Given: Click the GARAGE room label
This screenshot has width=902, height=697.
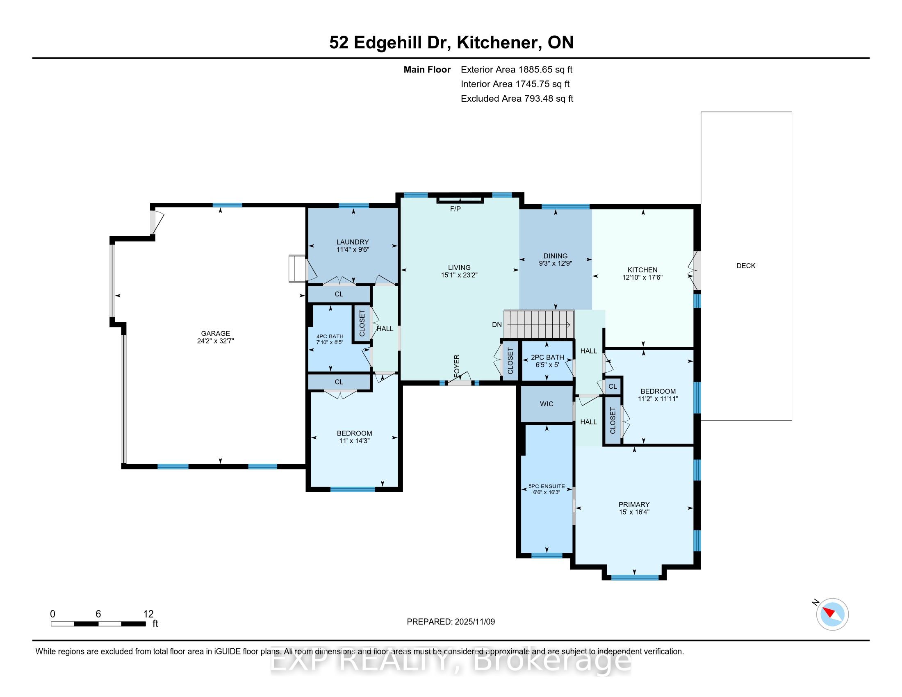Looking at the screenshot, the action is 215,333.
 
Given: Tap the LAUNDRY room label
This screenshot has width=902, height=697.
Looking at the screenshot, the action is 352,242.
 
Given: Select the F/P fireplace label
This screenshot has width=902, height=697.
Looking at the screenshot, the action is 455,209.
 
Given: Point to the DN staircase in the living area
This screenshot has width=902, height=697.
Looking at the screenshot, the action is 539,325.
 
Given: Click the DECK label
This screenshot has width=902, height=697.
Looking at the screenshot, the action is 746,266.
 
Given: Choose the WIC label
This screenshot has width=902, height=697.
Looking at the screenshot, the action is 547,404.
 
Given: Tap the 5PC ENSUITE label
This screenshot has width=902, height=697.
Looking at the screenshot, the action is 547,486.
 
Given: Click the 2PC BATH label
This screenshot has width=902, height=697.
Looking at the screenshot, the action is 547,358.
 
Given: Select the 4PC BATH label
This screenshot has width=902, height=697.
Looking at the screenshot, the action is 330,336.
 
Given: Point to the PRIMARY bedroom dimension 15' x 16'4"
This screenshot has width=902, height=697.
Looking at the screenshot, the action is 634,512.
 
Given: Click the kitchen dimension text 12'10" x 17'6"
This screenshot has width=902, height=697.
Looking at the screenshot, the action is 642,278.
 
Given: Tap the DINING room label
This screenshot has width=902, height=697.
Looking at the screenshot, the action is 555,256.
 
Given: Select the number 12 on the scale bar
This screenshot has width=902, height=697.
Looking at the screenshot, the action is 148,614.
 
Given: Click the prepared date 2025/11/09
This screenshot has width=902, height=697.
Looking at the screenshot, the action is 474,622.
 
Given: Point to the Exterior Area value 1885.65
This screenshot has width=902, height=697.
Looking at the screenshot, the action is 533,69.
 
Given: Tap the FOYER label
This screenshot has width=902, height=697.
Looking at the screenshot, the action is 457,366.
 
